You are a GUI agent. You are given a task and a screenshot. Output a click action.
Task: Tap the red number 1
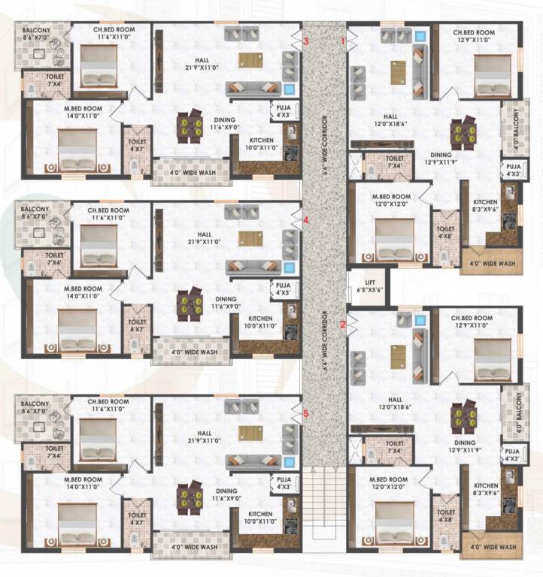344,42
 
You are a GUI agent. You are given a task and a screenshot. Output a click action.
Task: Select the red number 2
344,325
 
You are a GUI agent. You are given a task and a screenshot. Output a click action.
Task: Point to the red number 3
306,41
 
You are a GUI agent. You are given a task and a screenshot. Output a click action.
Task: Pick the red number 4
306,220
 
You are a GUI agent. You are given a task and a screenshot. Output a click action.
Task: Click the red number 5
306,413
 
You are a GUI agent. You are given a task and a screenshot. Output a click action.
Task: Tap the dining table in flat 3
190,127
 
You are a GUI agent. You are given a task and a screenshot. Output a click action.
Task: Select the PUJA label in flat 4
284,288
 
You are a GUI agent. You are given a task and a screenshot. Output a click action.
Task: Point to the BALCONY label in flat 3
36,33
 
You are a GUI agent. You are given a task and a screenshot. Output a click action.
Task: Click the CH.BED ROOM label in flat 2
474,322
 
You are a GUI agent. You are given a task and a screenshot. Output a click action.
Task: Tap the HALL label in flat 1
390,121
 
